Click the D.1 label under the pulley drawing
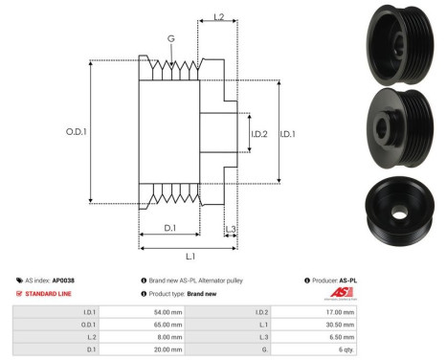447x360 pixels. point(169,227)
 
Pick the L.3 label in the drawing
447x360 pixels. point(231,228)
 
